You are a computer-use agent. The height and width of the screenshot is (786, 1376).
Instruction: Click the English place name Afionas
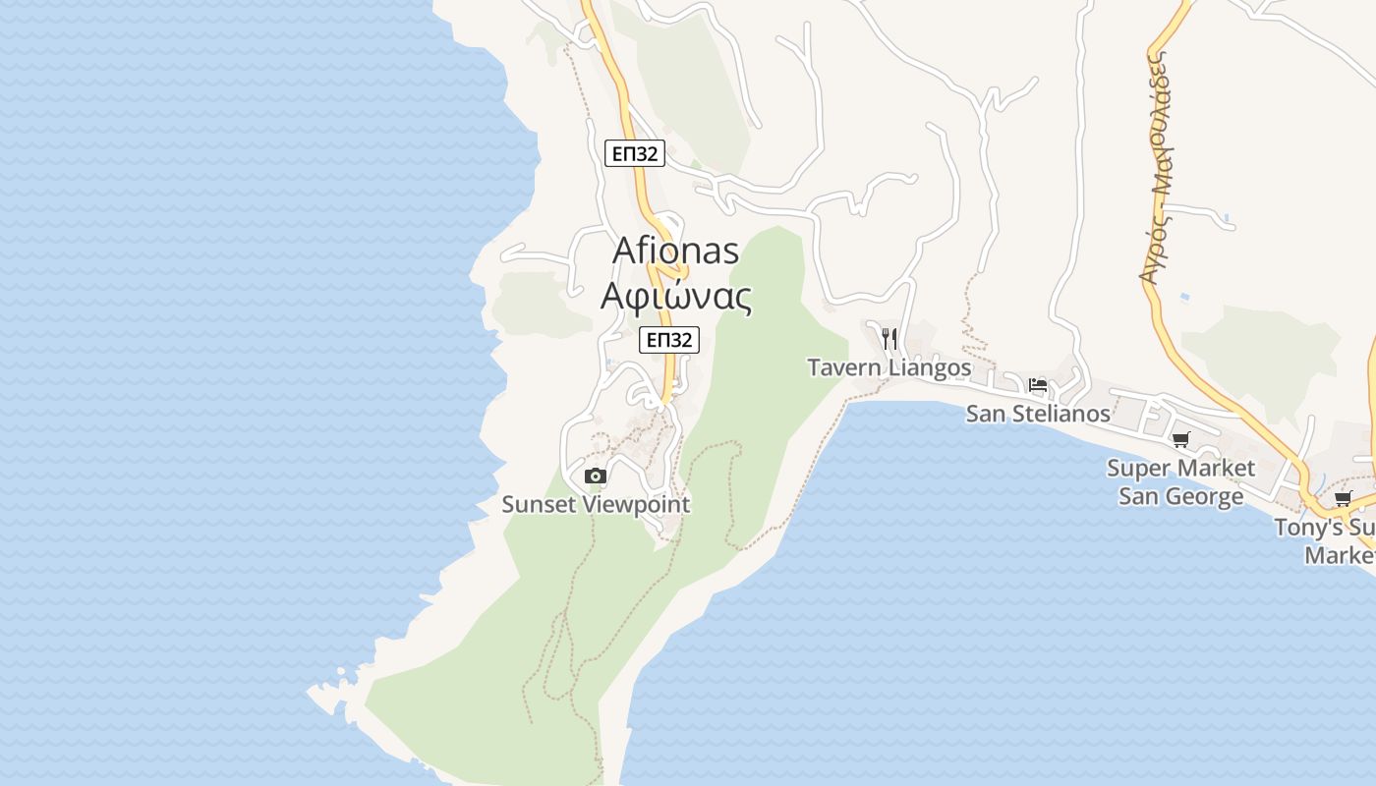pyautogui.click(x=675, y=251)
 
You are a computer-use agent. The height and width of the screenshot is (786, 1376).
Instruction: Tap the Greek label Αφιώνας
pyautogui.click(x=676, y=296)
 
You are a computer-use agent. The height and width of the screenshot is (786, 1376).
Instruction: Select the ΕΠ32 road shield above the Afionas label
pyautogui.click(x=635, y=153)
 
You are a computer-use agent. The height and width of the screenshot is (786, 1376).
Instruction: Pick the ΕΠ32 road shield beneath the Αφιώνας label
pyautogui.click(x=668, y=340)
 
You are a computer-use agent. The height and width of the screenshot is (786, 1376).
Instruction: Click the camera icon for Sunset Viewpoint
pyautogui.click(x=595, y=477)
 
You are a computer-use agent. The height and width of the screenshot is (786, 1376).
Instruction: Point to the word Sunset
pyautogui.click(x=538, y=505)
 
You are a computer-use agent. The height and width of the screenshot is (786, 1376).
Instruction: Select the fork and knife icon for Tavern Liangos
pyautogui.click(x=889, y=339)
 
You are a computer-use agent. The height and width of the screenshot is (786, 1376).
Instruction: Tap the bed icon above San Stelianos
pyautogui.click(x=1037, y=385)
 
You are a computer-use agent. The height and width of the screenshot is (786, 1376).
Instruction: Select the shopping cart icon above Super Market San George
pyautogui.click(x=1180, y=440)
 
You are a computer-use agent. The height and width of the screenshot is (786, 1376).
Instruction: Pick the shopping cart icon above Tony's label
pyautogui.click(x=1344, y=499)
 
